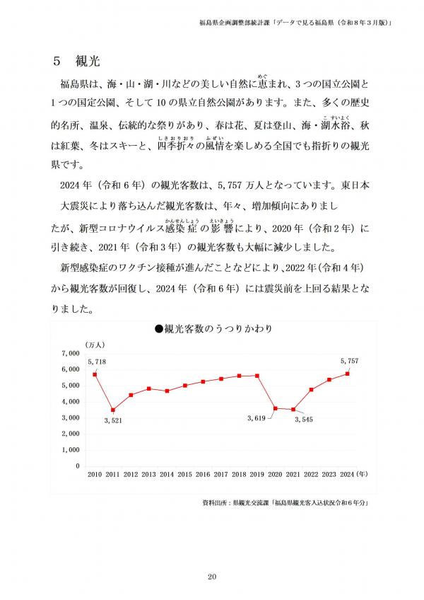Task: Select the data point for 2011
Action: (x=113, y=410)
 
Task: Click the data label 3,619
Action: (x=257, y=419)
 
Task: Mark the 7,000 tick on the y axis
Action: (x=71, y=353)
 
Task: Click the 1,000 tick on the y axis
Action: (x=71, y=450)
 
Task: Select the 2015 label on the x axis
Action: (x=184, y=474)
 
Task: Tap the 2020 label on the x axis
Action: (x=275, y=474)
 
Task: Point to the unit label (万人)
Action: (x=95, y=344)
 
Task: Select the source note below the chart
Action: (x=286, y=503)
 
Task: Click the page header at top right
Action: (x=296, y=23)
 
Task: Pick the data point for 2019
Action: (x=257, y=376)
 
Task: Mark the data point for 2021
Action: (x=293, y=410)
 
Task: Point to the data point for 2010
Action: (x=95, y=374)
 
